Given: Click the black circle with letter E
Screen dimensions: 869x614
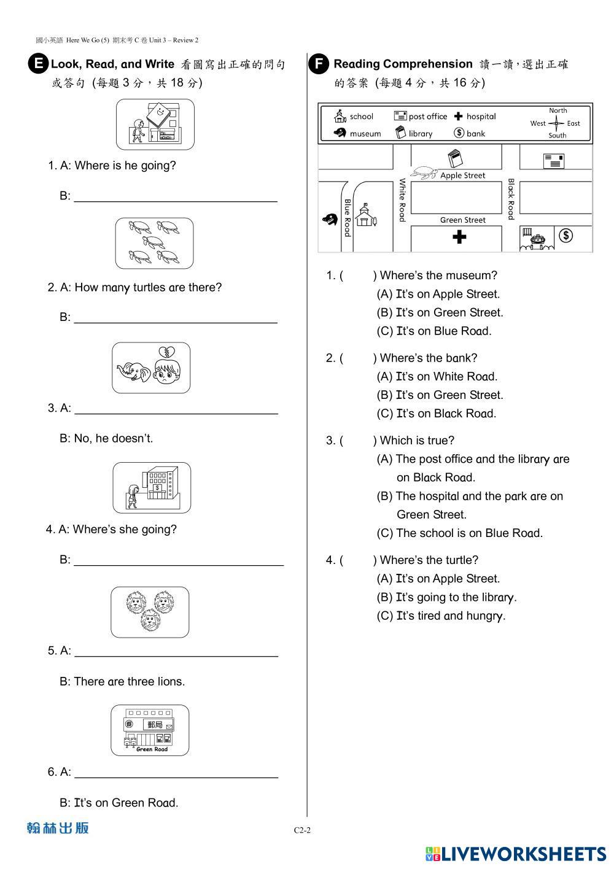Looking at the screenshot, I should click(x=38, y=64).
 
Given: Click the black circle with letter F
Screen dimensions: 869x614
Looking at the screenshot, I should click(x=319, y=64).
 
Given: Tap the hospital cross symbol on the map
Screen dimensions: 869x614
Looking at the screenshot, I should click(x=459, y=237).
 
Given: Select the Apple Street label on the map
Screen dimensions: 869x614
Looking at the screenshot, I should click(x=462, y=176).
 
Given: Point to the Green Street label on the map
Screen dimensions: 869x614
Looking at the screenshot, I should click(x=462, y=220).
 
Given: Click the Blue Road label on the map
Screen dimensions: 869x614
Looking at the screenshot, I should click(x=348, y=217).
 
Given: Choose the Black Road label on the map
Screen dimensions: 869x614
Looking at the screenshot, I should click(x=511, y=199).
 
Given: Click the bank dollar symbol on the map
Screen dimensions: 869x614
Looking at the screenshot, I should click(x=566, y=235).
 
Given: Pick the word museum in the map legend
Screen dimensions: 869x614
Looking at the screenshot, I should click(x=365, y=134).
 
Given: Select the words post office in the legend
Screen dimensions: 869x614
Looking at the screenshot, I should click(x=428, y=117).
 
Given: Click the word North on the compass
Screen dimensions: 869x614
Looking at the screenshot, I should click(x=558, y=110).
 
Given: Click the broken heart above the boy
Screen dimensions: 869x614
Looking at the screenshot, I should click(x=165, y=352).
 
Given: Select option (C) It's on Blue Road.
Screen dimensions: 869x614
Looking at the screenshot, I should click(x=434, y=331).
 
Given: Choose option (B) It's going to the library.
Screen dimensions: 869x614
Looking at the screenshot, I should click(x=446, y=598).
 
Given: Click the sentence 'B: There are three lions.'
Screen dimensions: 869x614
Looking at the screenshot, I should click(x=122, y=681).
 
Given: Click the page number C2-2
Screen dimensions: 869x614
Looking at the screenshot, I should click(x=302, y=830).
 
